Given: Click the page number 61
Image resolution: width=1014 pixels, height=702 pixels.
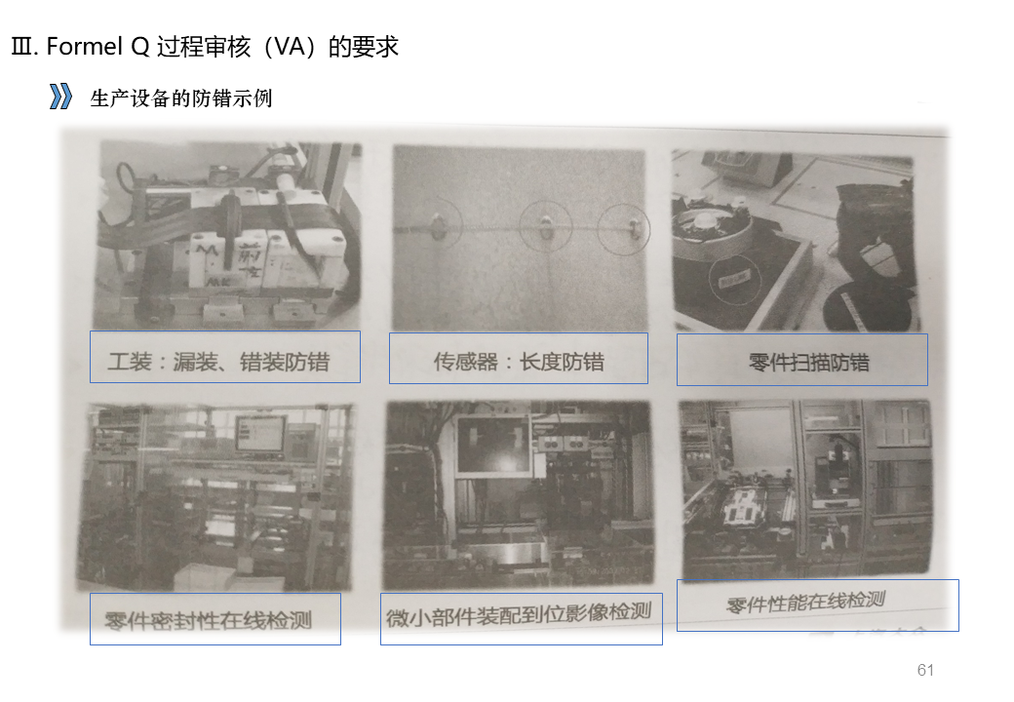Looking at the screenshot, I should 925,670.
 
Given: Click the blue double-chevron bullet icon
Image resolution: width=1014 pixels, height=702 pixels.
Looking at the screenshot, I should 61,97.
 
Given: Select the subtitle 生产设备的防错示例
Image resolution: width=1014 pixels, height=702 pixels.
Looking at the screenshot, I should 180,98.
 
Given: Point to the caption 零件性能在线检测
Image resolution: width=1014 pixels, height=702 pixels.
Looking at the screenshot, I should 804,602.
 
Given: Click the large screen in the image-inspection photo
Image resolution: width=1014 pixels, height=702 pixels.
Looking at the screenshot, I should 492,446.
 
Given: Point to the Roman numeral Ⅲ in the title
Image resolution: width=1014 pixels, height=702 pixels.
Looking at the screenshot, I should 21,47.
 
